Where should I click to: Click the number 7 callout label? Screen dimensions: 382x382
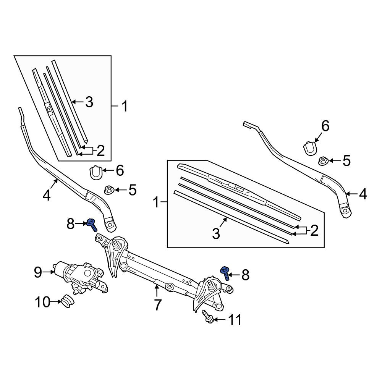click(158, 305)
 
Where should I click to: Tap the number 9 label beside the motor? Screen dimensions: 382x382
click(38, 272)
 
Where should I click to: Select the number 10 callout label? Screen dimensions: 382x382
click(42, 302)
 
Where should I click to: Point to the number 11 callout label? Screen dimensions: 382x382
click(235, 320)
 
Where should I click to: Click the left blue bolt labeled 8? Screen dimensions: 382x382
click(92, 225)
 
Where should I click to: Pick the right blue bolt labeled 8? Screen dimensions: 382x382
click(225, 273)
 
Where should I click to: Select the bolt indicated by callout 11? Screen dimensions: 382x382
click(207, 316)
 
